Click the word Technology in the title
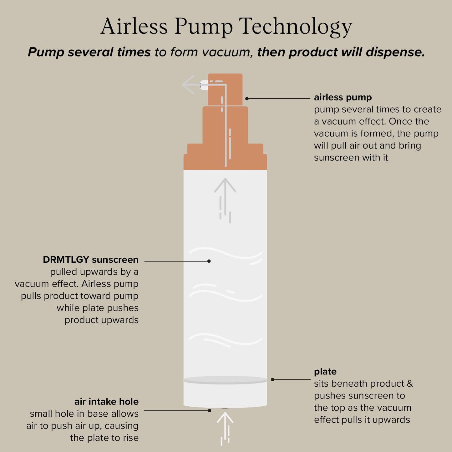pyautogui.click(x=296, y=28)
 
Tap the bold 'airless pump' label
pyautogui.click(x=343, y=98)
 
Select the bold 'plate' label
pyautogui.click(x=325, y=372)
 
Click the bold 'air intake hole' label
pyautogui.click(x=106, y=402)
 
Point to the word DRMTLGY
pyautogui.click(x=66, y=260)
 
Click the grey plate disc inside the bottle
pyautogui.click(x=225, y=380)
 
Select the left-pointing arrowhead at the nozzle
pyautogui.click(x=188, y=84)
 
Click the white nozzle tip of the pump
pyautogui.click(x=204, y=85)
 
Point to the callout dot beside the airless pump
pyautogui.click(x=247, y=99)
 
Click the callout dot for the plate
pyautogui.click(x=272, y=379)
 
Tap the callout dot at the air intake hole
pyautogui.click(x=210, y=410)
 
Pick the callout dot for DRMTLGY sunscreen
pyautogui.click(x=209, y=261)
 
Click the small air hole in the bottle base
pyautogui.click(x=225, y=408)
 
